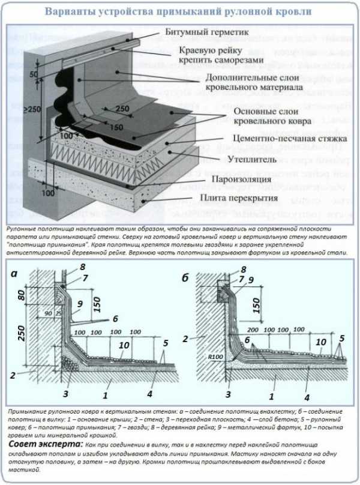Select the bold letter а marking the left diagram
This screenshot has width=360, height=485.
pyautogui.click(x=14, y=274)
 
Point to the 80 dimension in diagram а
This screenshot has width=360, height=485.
pyautogui.click(x=21, y=294)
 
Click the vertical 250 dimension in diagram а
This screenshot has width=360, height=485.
pyautogui.click(x=21, y=340)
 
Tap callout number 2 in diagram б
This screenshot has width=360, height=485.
pyautogui.click(x=187, y=338)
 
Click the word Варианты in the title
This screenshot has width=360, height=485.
pyautogui.click(x=73, y=11)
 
